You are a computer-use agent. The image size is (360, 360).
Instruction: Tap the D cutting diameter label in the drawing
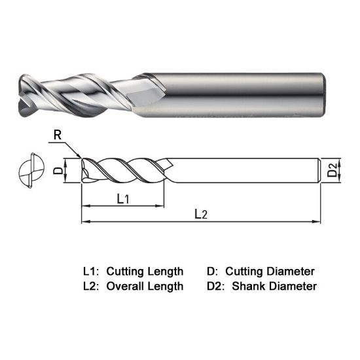tap(58, 171)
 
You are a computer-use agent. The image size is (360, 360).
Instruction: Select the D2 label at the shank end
tap(333, 170)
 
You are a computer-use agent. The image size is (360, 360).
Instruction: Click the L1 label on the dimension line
tap(122, 198)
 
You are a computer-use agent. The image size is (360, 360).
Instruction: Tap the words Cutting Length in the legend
tap(145, 271)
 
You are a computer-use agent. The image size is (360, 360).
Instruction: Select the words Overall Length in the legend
tap(145, 286)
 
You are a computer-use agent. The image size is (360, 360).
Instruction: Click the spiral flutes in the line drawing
tap(124, 171)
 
